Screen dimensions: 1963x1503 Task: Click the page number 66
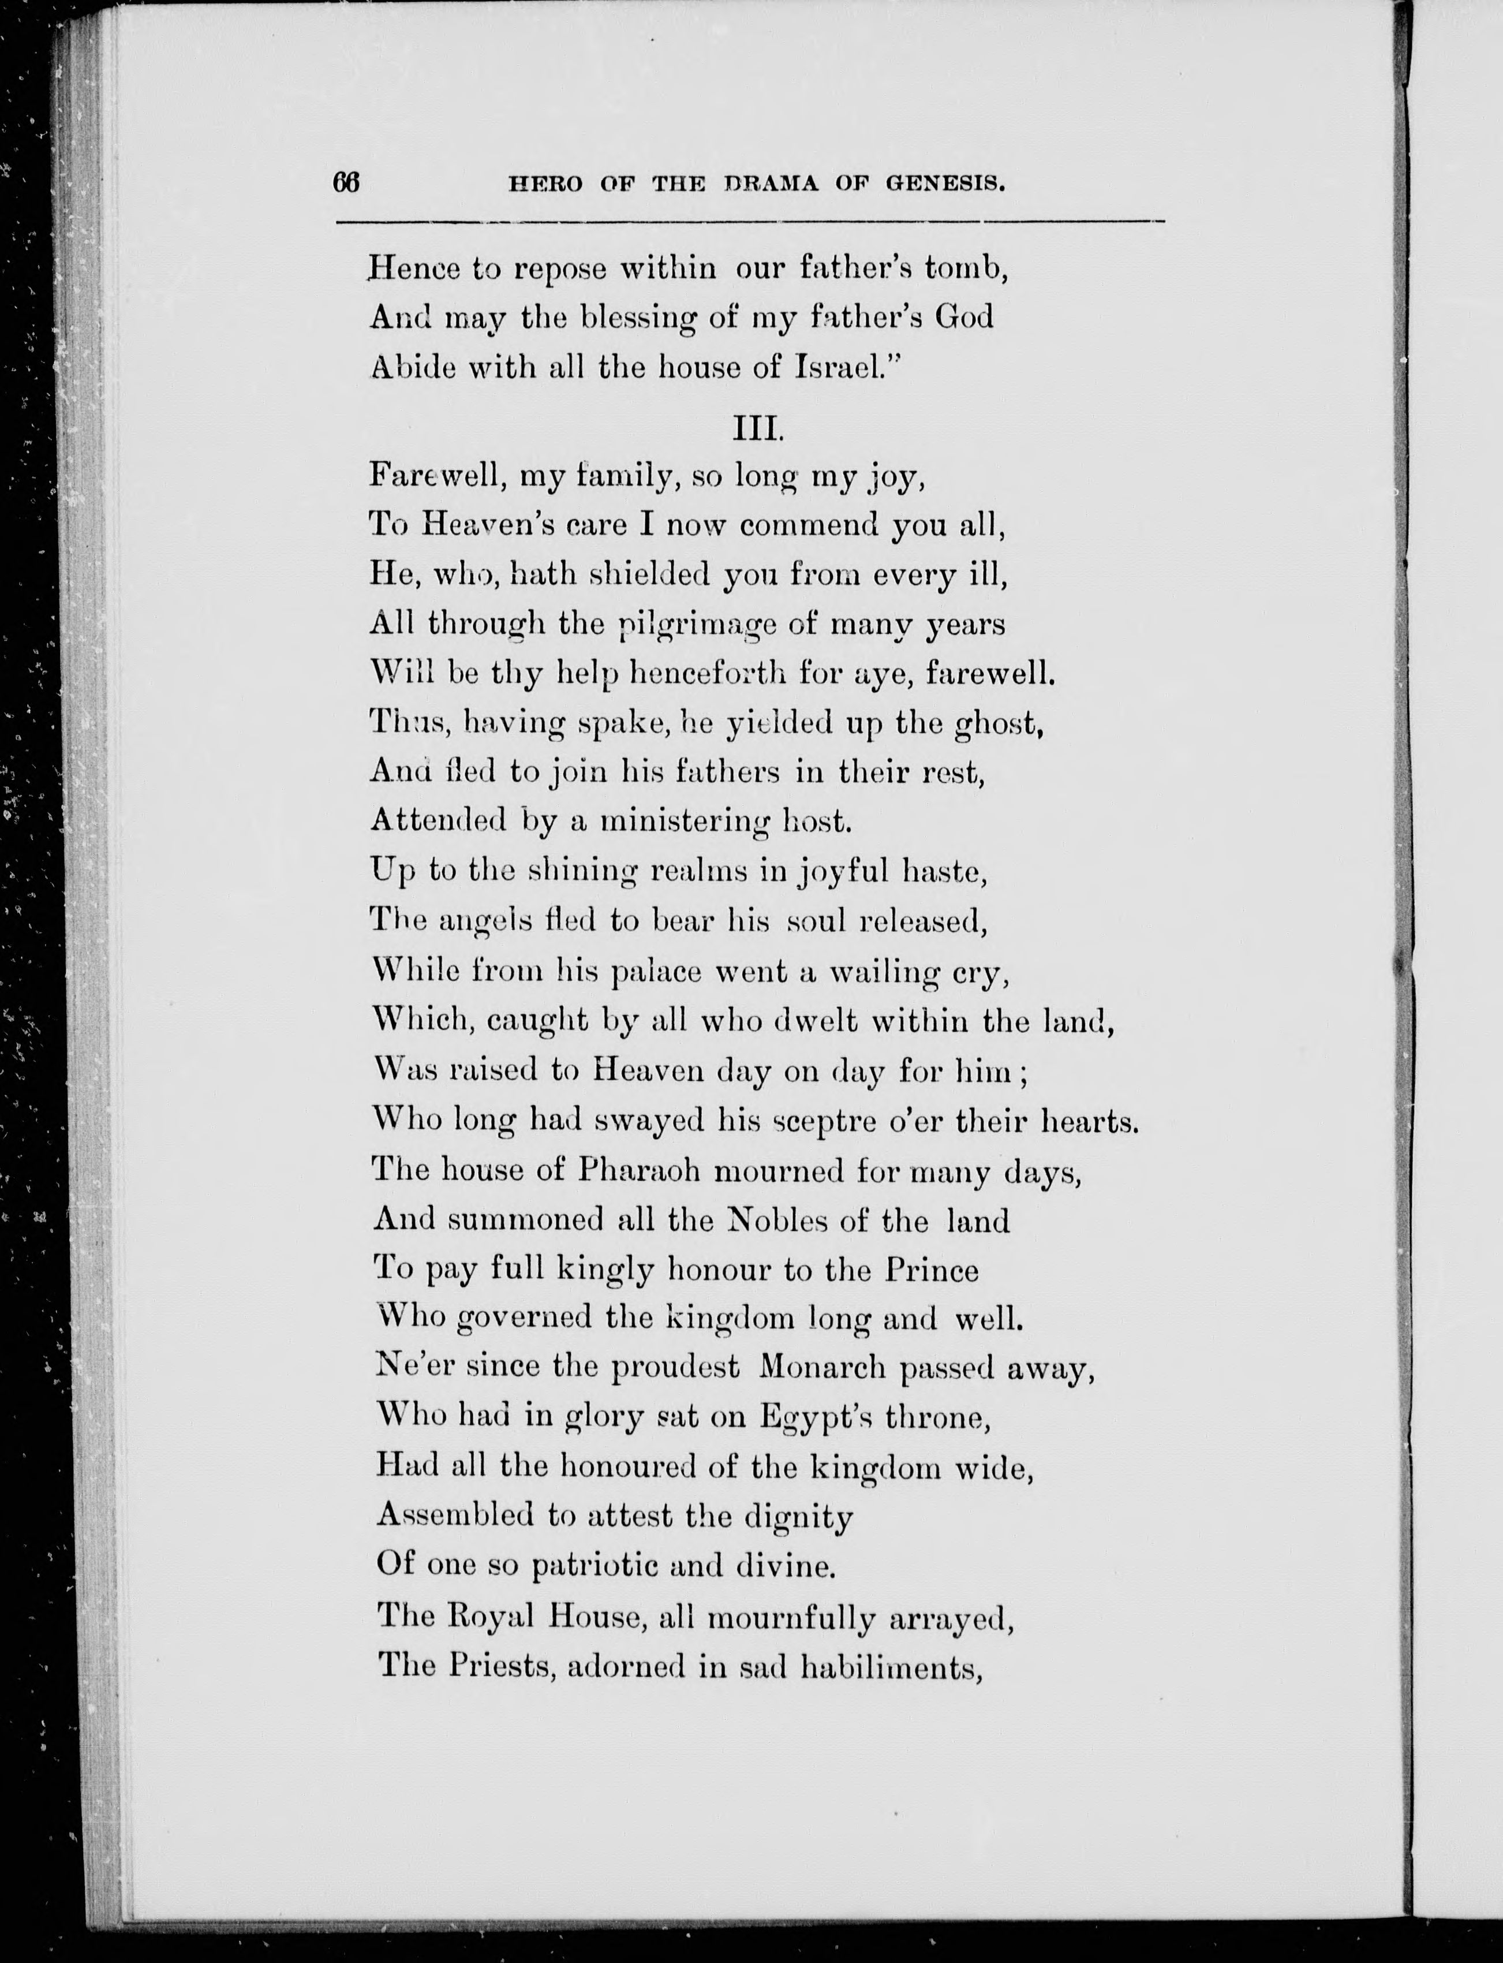345,182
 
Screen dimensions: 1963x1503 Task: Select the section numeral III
758,430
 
